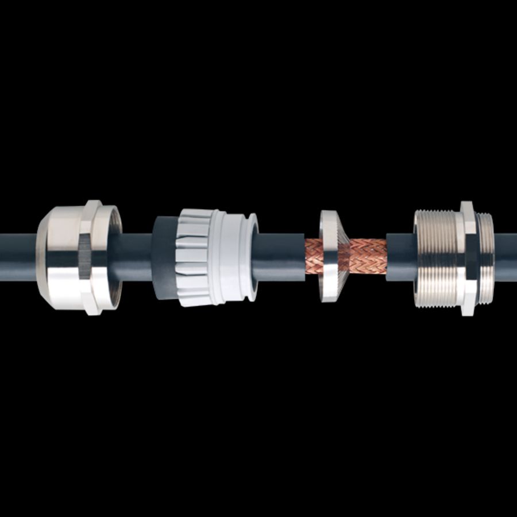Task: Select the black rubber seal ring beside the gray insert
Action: pos(164,257)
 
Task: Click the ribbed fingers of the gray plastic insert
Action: pos(192,257)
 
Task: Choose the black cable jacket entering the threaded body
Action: pos(400,257)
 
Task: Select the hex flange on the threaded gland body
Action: pos(468,257)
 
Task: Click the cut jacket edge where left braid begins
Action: pos(305,257)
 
